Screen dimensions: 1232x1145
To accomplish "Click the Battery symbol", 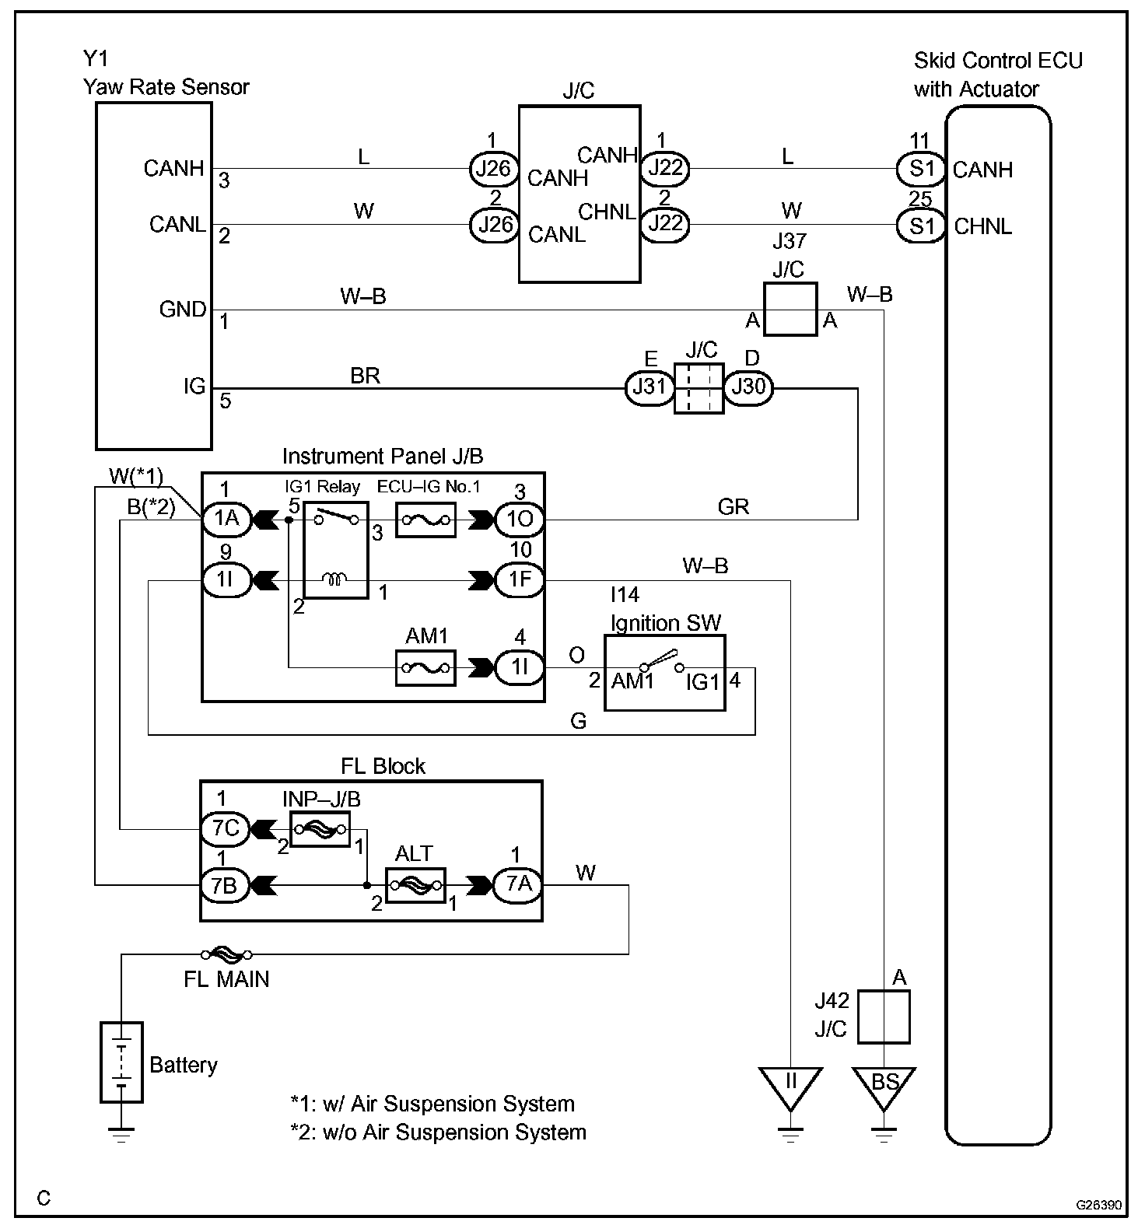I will (121, 1062).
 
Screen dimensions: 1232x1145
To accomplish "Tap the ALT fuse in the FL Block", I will (415, 885).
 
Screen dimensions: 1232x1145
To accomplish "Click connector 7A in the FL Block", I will (519, 884).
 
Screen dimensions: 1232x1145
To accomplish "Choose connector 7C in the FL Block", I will (226, 828).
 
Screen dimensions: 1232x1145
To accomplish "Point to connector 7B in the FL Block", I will (226, 885).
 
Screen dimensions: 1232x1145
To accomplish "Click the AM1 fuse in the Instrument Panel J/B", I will (425, 668).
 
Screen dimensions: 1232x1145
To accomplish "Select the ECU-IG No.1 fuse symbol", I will (425, 520).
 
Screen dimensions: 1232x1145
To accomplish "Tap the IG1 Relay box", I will (335, 550).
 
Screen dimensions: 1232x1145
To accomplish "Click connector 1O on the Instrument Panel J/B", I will (519, 519).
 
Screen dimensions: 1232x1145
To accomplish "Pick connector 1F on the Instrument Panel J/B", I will (519, 580).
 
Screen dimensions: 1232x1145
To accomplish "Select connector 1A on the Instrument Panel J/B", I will (226, 519).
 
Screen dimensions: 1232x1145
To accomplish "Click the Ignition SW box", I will (665, 673).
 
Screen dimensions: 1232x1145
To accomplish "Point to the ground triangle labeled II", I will (790, 1086).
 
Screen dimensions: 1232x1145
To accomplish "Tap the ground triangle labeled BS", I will (884, 1086).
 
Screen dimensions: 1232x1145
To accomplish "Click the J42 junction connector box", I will (884, 1017).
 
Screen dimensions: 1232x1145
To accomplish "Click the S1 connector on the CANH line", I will (921, 169).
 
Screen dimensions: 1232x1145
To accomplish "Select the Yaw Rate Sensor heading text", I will (166, 86).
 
